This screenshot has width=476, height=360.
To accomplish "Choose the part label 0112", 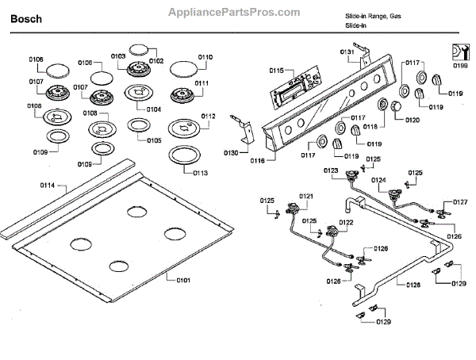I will click(x=208, y=116).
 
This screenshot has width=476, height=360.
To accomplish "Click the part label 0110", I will click(x=205, y=57).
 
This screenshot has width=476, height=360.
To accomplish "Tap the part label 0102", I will click(x=155, y=61).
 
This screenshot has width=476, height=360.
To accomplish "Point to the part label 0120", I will click(x=413, y=120).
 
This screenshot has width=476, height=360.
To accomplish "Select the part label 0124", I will click(x=380, y=180).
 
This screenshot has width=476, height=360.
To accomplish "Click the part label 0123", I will click(x=331, y=170).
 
